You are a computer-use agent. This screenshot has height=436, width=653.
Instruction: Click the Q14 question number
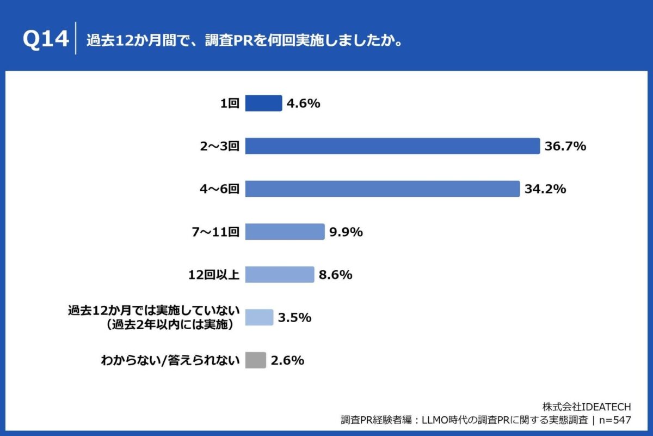point(46,40)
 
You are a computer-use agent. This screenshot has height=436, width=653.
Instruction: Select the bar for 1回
point(263,103)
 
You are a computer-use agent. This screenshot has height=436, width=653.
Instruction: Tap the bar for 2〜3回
point(392,146)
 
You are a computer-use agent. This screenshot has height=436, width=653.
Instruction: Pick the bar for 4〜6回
point(383,189)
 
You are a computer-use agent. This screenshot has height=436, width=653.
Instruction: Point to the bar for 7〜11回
point(285,232)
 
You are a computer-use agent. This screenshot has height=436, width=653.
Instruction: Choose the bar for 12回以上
point(280,275)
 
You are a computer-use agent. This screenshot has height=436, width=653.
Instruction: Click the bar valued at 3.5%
point(259,317)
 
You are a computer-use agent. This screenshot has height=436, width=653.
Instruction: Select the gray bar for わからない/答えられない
point(256,360)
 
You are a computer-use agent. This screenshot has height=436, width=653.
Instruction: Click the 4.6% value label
point(304,103)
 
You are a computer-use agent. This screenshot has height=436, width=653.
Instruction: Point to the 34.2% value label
point(546,189)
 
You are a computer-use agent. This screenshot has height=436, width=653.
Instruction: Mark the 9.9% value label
point(346,232)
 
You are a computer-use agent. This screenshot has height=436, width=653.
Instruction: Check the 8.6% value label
point(336,275)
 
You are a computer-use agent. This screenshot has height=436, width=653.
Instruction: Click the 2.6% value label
point(287,360)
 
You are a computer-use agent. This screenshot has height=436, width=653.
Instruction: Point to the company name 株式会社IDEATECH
point(587,407)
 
